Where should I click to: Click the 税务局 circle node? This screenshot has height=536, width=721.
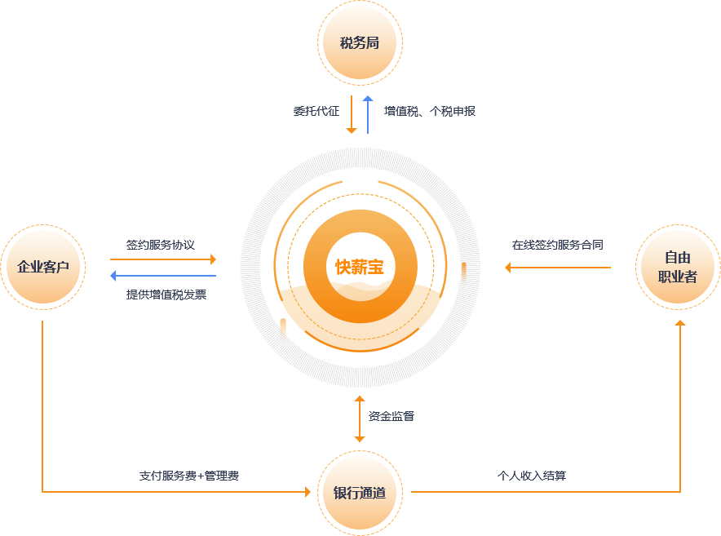[x=360, y=42]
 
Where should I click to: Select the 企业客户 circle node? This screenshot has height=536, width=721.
[x=43, y=268]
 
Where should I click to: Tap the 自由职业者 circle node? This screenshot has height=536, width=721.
[x=678, y=268]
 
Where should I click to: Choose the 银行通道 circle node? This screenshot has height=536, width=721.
[x=360, y=493]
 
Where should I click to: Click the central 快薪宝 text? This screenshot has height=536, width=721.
[x=360, y=268]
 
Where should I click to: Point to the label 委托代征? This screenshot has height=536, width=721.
[x=316, y=111]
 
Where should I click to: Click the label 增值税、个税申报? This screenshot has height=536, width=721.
[x=430, y=111]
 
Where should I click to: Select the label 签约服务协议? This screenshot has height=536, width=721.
[x=161, y=244]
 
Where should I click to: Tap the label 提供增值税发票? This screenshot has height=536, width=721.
[x=166, y=295]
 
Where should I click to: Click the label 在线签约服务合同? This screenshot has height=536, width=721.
[x=558, y=244]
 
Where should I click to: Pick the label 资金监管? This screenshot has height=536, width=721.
[x=391, y=416]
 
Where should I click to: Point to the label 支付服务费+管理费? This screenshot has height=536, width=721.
[x=188, y=475]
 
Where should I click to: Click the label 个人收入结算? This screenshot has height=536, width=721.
[x=532, y=475]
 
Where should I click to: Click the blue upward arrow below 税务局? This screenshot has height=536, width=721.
[x=368, y=114]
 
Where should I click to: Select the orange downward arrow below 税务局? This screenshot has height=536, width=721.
[x=352, y=114]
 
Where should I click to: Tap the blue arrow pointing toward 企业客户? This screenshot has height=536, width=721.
[x=163, y=276]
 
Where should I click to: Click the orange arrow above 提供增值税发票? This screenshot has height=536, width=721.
[x=163, y=259]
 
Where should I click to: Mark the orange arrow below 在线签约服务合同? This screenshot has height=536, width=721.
[x=558, y=267]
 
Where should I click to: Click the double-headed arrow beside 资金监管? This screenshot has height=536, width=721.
[x=360, y=419]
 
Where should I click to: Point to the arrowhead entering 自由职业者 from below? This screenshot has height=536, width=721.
[x=680, y=324]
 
